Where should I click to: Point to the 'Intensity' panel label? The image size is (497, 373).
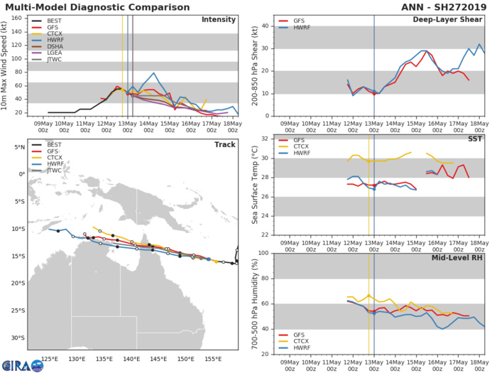[219, 20]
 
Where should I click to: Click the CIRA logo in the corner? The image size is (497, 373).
[20, 362]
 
